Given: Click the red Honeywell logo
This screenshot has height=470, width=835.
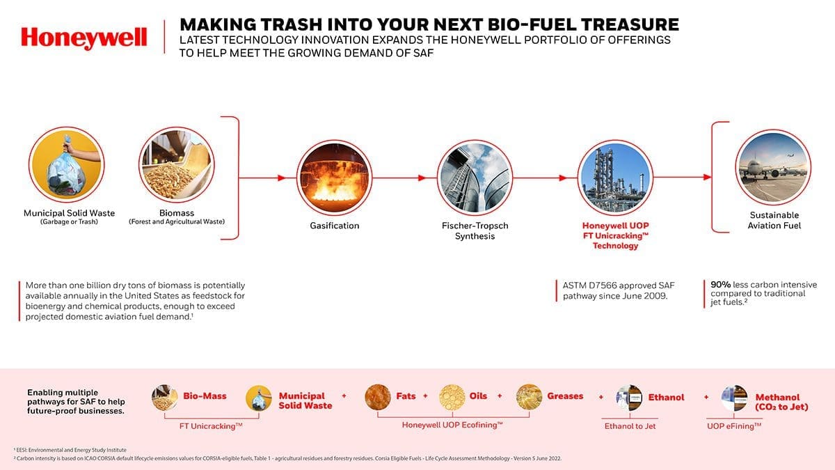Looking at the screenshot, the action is coord(84,38).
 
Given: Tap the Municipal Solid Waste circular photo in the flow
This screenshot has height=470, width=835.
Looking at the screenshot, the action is coord(66,164).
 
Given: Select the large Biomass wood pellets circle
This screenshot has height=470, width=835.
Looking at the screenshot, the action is coord(177,164).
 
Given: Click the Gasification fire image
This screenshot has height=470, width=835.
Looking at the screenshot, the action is coord(335,178).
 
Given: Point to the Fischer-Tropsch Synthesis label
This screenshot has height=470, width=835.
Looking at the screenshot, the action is coord(475,231).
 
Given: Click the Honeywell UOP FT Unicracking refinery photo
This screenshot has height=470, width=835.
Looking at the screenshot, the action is coord(615,178).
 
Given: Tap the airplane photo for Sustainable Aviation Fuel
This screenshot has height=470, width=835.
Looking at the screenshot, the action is coord(773,167).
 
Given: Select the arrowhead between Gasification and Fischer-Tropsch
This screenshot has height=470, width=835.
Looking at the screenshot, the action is coord(422,178).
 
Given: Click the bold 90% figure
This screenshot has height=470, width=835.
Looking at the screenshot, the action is coord(721,285).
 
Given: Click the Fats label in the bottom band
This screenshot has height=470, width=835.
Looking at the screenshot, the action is coord(406,395).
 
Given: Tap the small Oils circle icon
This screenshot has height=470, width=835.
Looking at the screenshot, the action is coord(452,398).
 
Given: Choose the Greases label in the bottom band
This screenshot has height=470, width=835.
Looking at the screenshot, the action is coord(565,396).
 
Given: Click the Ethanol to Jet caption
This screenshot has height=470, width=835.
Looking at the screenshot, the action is coord(630,426).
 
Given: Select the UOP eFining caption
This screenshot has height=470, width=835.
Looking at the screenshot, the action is coord(734,426).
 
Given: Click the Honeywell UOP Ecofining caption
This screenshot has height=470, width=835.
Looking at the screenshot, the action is coord(452,425).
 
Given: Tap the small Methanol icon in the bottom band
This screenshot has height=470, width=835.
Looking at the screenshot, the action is coord(734,398).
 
